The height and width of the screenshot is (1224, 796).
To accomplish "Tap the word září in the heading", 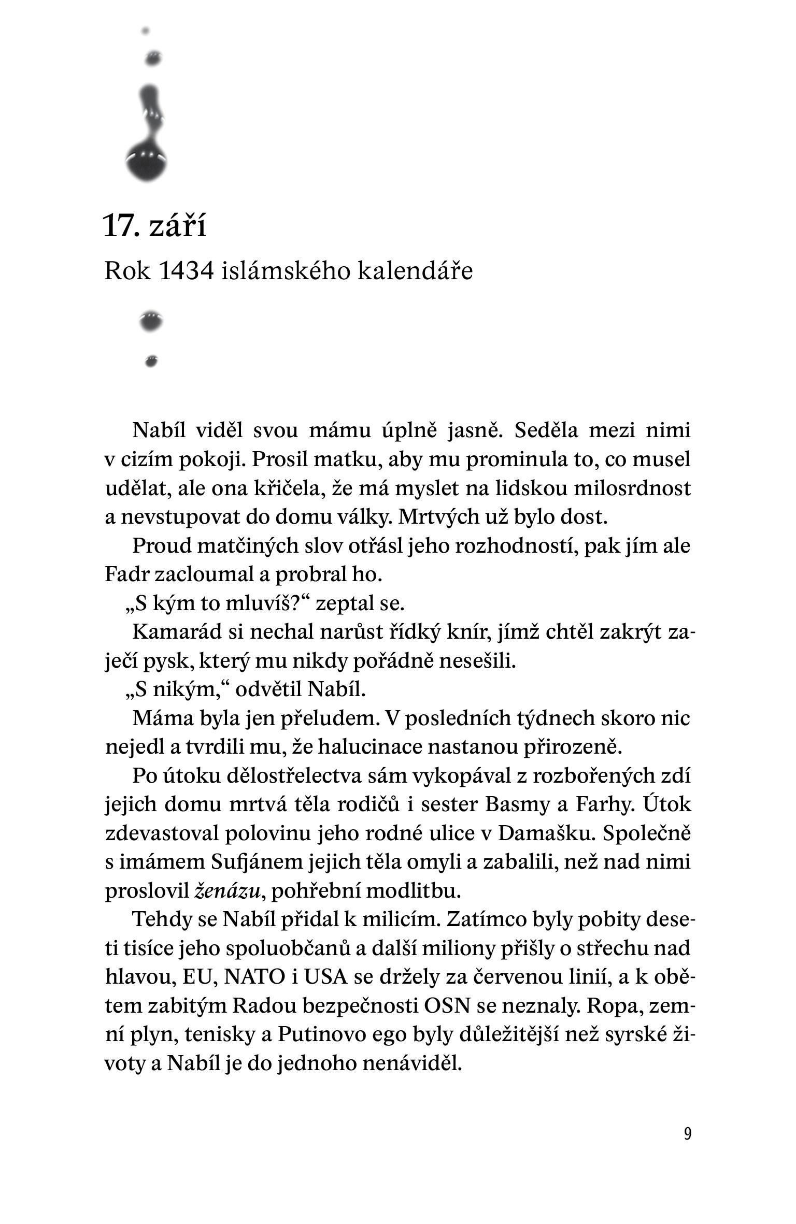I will point(178,226).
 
